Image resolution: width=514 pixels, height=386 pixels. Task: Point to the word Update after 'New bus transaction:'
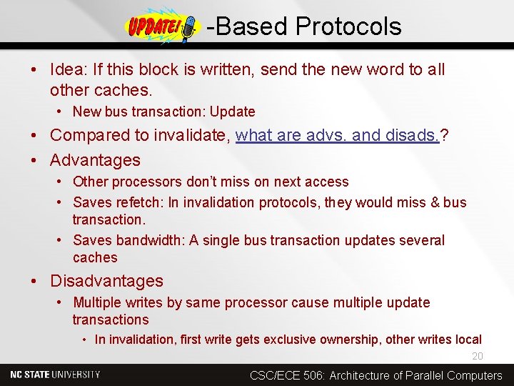coord(232,112)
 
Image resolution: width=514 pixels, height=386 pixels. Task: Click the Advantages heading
coord(95,160)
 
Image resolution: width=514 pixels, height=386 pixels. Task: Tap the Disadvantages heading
coord(106,281)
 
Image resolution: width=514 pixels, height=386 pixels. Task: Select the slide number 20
coord(477,357)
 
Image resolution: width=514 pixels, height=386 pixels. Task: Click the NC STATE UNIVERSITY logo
coord(56,375)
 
